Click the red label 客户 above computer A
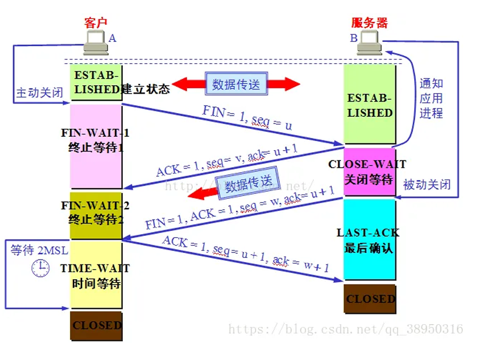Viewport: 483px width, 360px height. pos(96,22)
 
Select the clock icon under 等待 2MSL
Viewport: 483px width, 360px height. pos(41,268)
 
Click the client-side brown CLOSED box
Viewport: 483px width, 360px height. pos(96,325)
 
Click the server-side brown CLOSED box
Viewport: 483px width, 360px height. pos(370,299)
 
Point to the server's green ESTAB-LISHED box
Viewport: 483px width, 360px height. pos(369,105)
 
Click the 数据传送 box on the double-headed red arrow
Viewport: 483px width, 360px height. pos(235,84)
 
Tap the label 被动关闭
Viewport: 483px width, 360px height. pos(427,184)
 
